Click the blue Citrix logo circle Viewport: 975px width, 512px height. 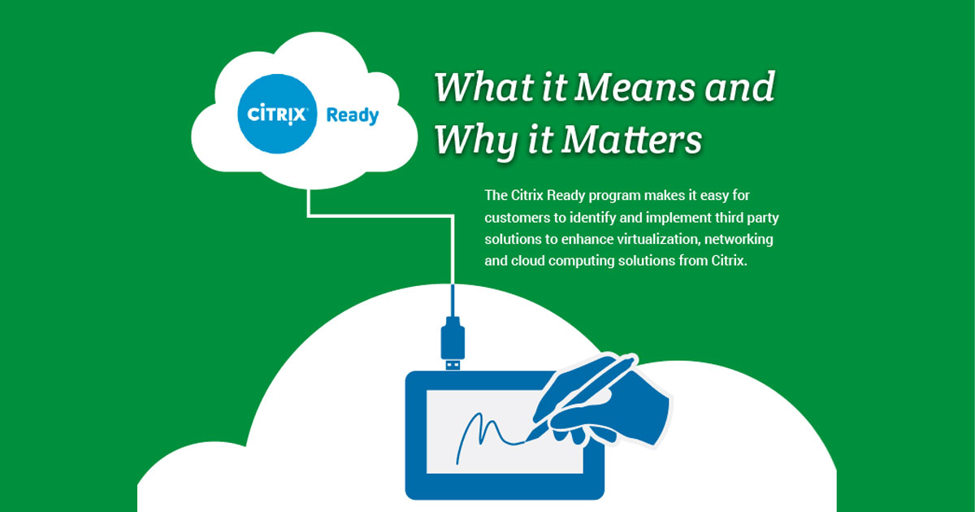[x=277, y=115]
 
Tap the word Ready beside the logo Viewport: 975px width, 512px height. [x=352, y=115]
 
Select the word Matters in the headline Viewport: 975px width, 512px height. [x=632, y=140]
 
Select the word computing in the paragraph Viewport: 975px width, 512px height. [x=606, y=263]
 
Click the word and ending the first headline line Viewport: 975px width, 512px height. [x=739, y=88]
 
